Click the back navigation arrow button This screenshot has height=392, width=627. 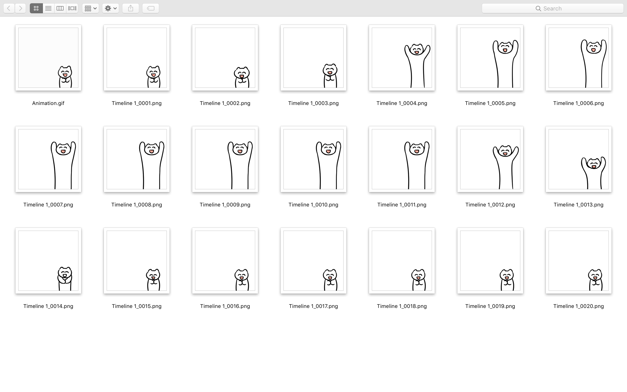coord(9,8)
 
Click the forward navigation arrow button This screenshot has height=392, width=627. coord(20,8)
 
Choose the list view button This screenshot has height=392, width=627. coord(48,8)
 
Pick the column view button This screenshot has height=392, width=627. coord(60,8)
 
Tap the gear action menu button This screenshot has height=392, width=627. coord(111,8)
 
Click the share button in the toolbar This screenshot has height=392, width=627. coord(131,8)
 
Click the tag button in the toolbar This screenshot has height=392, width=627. coord(150,8)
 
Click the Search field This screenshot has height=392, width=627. coord(552,8)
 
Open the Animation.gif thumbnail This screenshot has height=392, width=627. coord(48,57)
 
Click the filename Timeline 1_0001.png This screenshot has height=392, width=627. coord(137,103)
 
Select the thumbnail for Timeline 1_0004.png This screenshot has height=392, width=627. coord(402,57)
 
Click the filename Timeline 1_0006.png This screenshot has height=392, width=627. coord(578,103)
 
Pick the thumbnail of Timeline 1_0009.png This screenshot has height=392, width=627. coord(225,159)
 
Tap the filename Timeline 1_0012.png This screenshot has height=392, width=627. coord(490,204)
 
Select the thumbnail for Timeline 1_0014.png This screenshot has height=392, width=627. coord(48,260)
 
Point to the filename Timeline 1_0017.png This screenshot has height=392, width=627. coord(313,306)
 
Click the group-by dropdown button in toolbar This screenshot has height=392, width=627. coord(90,8)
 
